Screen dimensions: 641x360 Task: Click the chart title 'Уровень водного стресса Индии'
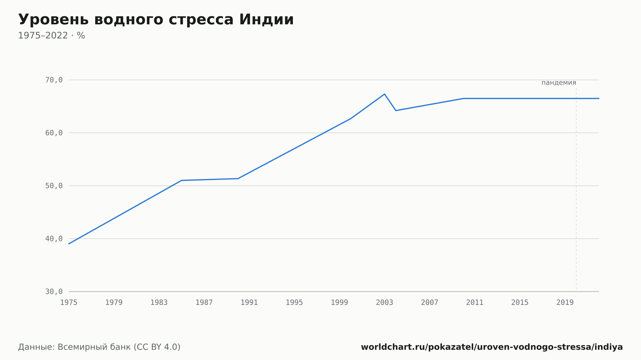pyautogui.click(x=156, y=20)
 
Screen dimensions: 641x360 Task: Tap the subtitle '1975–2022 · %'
pyautogui.click(x=52, y=36)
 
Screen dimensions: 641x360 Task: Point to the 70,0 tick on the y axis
pyautogui.click(x=54, y=80)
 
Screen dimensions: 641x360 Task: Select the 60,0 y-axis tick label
pyautogui.click(x=54, y=133)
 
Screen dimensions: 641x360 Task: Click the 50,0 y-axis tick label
pyautogui.click(x=54, y=186)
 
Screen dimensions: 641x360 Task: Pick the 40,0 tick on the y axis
pyautogui.click(x=54, y=239)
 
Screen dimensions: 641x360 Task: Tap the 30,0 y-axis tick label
pyautogui.click(x=54, y=291)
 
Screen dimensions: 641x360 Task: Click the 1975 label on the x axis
pyautogui.click(x=69, y=303)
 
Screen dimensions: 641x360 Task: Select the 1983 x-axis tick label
pyautogui.click(x=159, y=303)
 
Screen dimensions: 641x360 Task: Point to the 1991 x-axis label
pyautogui.click(x=249, y=303)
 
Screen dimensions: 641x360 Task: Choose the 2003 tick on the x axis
pyautogui.click(x=385, y=303)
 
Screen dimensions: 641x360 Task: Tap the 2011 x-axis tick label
pyautogui.click(x=475, y=303)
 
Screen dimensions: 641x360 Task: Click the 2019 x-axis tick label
pyautogui.click(x=565, y=303)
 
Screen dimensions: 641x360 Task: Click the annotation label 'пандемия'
pyautogui.click(x=559, y=83)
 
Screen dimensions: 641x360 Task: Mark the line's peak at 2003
pyautogui.click(x=385, y=94)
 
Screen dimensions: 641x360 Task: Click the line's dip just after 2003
pyautogui.click(x=396, y=110)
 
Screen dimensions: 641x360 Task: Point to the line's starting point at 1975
pyautogui.click(x=69, y=244)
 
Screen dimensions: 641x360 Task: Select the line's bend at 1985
pyautogui.click(x=182, y=180)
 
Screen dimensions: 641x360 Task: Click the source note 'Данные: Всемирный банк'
pyautogui.click(x=75, y=347)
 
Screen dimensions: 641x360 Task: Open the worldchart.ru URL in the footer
pyautogui.click(x=492, y=347)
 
